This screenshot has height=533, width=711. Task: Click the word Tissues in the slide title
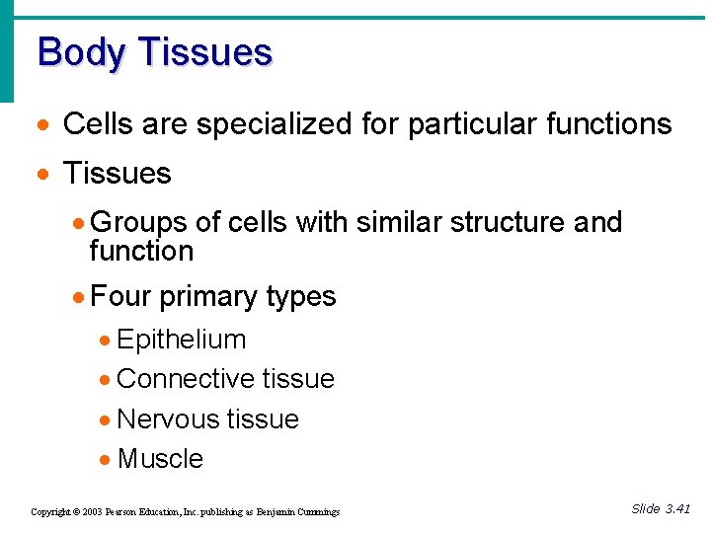[204, 51]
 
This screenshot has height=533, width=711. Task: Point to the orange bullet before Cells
[41, 125]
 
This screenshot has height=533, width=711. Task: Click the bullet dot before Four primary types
[80, 296]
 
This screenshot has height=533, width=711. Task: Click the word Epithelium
[182, 340]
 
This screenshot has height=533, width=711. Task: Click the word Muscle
[160, 459]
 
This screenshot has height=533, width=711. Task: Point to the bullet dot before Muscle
[106, 460]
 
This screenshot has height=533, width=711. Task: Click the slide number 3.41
[677, 508]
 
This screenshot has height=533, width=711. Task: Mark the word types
[301, 296]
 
